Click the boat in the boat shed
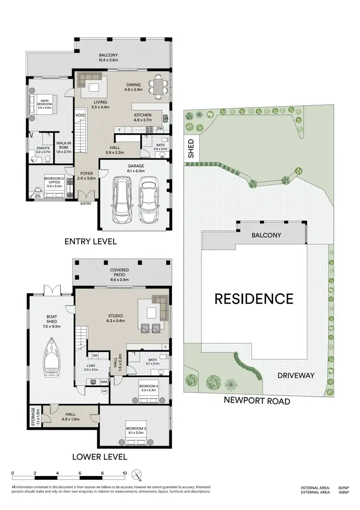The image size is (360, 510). click(52, 356)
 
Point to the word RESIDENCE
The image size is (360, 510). click(253, 299)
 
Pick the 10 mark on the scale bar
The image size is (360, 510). click(125, 473)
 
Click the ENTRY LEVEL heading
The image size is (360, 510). click(91, 242)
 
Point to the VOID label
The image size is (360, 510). click(80, 116)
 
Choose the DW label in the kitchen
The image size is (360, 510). click(160, 129)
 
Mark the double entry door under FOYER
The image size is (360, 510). click(86, 196)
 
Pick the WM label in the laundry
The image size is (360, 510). click(104, 381)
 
